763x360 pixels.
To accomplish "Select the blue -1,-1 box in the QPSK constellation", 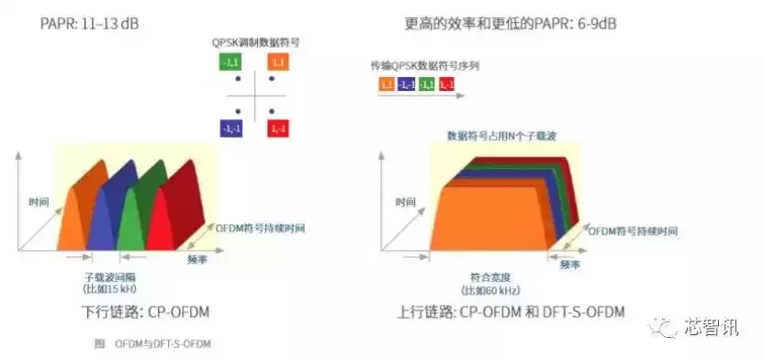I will (230, 129).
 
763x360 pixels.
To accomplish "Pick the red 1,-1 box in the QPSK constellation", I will (278, 129).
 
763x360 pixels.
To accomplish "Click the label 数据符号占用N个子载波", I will (501, 135).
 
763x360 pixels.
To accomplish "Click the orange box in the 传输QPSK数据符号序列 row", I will (387, 84).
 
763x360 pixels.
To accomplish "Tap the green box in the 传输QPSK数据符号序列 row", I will (427, 84).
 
